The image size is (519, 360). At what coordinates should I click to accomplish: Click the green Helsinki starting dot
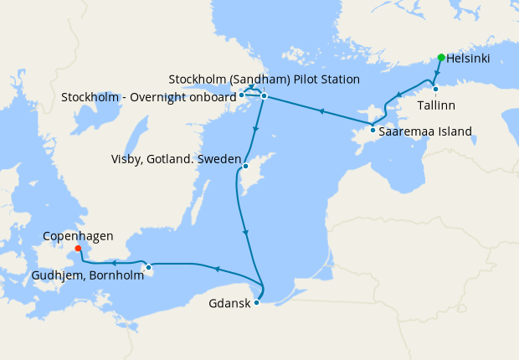point(441,58)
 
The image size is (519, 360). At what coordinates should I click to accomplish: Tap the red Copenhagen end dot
point(78,248)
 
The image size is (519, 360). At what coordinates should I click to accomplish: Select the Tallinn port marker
point(435,89)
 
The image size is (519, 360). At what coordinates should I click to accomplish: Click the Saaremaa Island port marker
point(373,130)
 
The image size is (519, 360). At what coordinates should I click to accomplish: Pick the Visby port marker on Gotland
point(245,167)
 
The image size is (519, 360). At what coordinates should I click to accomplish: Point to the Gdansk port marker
point(256,303)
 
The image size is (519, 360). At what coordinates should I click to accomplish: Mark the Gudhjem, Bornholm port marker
point(148,268)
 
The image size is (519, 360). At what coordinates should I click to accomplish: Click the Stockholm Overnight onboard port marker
point(241,95)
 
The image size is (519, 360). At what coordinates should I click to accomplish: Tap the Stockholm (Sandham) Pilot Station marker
point(263,96)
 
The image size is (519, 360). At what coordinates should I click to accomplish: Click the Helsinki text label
point(468,59)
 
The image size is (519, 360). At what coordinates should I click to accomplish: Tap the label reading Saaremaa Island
point(425,131)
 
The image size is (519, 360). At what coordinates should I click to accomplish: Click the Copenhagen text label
point(78,237)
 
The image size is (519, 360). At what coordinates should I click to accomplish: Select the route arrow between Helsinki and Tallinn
point(438,75)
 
